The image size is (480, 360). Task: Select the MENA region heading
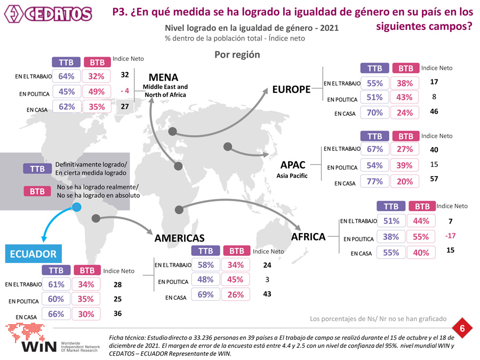click(163, 77)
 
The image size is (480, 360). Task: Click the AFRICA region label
click(308, 236)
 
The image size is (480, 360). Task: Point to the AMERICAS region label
click(180, 238)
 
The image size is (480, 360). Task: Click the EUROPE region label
click(291, 89)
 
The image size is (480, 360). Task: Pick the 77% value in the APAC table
click(375, 181)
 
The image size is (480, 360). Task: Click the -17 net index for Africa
click(450, 235)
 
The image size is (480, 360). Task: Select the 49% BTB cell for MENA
click(97, 91)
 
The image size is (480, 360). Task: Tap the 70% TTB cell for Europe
click(375, 113)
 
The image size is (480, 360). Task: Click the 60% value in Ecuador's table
click(56, 299)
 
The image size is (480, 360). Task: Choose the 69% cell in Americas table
click(206, 294)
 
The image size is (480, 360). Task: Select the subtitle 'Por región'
click(237, 54)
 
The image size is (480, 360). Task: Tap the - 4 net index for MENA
click(125, 91)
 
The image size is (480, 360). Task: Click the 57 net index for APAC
click(434, 179)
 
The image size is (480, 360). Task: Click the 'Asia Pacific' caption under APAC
click(292, 175)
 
